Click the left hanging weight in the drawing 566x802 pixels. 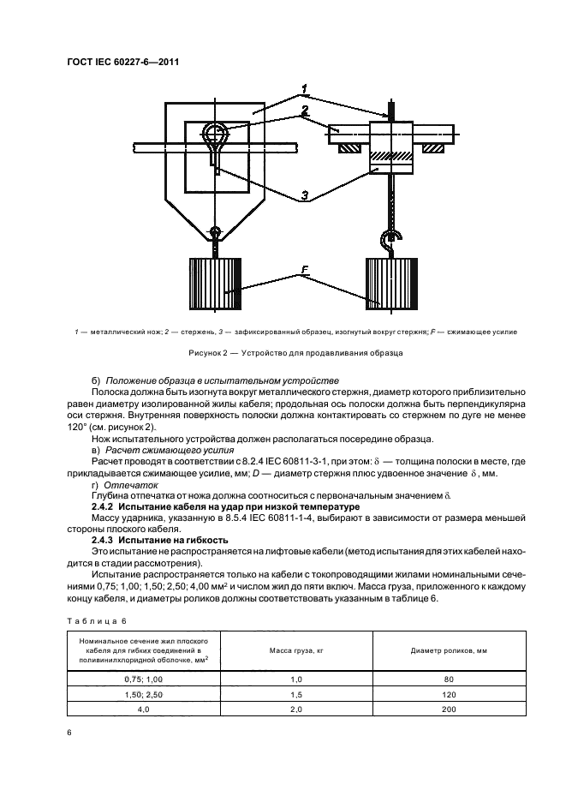[x=214, y=285]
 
